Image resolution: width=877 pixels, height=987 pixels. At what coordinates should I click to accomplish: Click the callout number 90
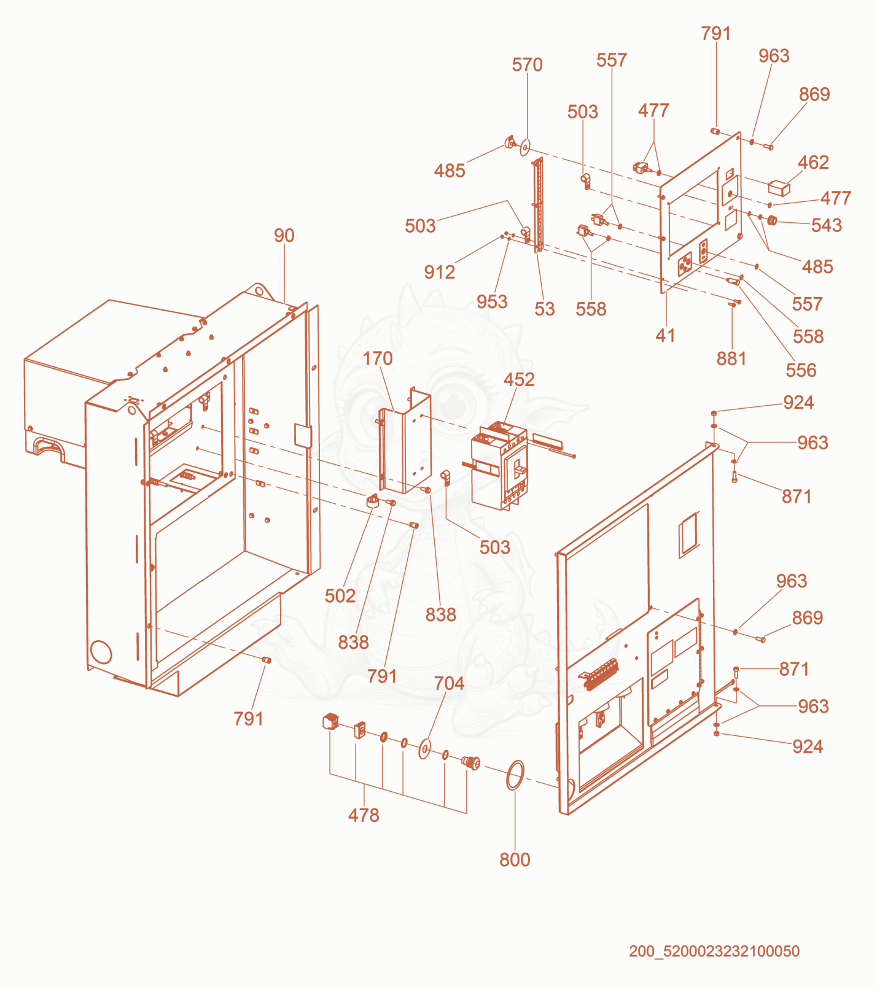(284, 236)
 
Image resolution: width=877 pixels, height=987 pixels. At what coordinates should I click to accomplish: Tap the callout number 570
(527, 65)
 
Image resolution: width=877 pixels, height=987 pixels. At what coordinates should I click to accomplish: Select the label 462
(813, 163)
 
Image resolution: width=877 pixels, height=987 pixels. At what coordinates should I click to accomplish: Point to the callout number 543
(826, 225)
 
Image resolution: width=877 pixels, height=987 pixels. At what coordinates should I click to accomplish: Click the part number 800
(515, 860)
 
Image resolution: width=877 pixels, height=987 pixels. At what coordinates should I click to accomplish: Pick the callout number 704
(449, 684)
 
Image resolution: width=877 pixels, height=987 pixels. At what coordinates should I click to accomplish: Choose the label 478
(364, 816)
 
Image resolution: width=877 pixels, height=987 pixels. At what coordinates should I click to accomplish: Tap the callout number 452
(519, 380)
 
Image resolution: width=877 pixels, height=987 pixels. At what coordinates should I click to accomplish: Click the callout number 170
(377, 359)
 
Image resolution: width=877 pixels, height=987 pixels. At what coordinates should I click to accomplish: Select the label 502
(340, 596)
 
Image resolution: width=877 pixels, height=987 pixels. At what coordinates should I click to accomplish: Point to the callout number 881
(731, 359)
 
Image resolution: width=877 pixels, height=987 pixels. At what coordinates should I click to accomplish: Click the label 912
(439, 273)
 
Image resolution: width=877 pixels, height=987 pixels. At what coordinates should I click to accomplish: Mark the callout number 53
(544, 309)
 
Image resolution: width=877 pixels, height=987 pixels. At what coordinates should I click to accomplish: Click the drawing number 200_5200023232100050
(714, 951)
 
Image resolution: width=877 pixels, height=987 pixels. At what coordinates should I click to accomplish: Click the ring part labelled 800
(515, 776)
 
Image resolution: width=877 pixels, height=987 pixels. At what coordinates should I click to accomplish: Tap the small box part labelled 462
(779, 188)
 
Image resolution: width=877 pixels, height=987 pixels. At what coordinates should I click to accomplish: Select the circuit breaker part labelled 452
(499, 465)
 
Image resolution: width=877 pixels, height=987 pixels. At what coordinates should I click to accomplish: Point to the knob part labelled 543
(772, 220)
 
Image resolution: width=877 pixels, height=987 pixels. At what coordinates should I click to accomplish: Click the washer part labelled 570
(525, 148)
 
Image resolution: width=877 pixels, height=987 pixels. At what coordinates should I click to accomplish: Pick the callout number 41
(665, 336)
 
